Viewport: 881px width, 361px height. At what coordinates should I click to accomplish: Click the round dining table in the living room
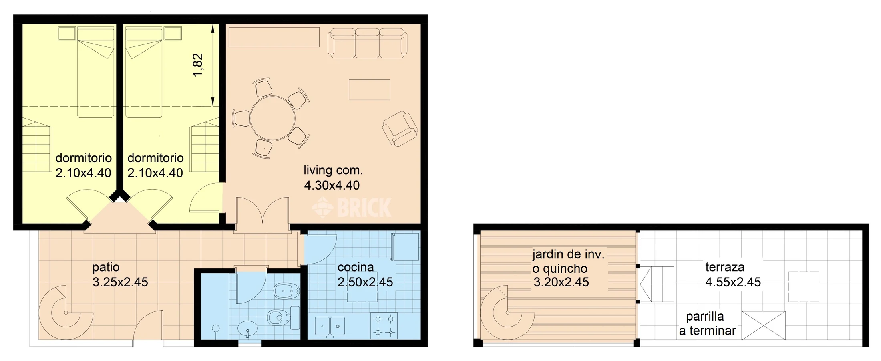273,118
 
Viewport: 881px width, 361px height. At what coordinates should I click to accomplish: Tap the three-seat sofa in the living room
367,43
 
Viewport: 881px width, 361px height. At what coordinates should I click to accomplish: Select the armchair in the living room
400,129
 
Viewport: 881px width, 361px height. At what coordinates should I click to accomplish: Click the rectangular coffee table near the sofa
369,89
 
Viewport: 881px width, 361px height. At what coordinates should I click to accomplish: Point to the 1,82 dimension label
198,65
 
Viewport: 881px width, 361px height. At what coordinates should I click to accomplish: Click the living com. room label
333,170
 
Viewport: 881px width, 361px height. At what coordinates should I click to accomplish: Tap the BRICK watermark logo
351,208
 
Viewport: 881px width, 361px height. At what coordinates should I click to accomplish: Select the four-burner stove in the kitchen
384,326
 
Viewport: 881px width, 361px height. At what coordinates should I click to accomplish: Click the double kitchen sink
330,326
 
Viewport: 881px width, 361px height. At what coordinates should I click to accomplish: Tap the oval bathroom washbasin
248,329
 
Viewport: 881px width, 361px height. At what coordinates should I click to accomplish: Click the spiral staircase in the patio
66,313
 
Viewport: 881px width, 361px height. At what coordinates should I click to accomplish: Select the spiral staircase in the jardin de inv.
507,313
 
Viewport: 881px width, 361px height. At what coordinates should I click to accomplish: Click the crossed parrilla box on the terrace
764,325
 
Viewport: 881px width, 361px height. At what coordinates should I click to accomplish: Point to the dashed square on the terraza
804,287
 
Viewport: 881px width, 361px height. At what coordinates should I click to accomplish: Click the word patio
106,267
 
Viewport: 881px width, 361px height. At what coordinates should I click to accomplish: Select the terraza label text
725,267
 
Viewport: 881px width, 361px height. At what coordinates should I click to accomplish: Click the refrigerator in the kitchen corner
405,246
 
